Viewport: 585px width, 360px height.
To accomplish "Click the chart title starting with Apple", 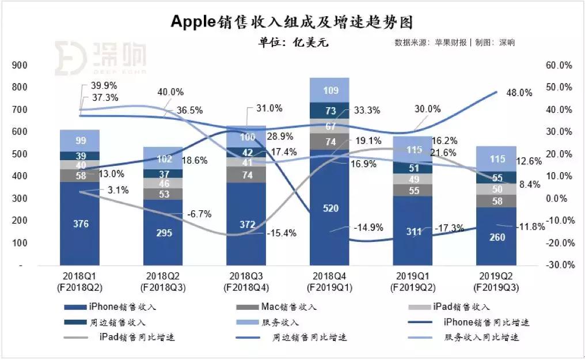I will (292, 21).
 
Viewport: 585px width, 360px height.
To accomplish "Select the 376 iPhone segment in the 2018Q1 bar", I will (81, 224).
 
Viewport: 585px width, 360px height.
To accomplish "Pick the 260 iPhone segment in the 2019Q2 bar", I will (496, 236).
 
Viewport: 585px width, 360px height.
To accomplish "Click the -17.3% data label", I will (450, 229).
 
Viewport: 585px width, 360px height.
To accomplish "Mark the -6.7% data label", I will (199, 214).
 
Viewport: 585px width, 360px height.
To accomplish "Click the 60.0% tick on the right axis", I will (558, 66).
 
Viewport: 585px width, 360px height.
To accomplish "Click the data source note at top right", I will (454, 43).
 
